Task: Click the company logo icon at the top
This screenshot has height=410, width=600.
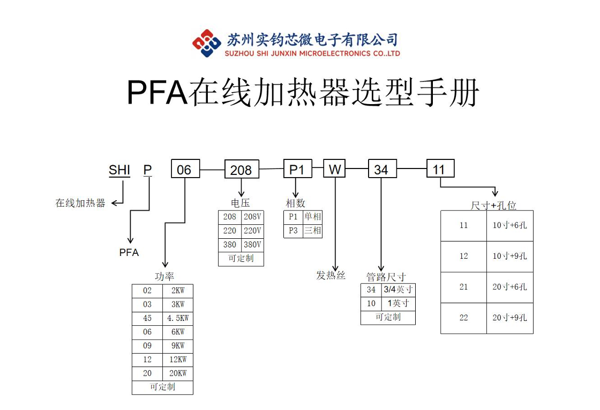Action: tap(207, 43)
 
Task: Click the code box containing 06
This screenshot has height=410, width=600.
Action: tap(185, 170)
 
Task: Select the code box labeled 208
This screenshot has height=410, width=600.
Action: tap(241, 170)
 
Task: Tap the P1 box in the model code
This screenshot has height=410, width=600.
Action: tap(297, 170)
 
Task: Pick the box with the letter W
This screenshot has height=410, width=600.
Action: tap(335, 170)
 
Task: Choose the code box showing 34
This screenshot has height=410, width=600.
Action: tap(381, 170)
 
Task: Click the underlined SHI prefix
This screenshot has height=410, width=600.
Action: tap(119, 170)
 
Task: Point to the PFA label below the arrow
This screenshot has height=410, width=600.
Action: tap(129, 252)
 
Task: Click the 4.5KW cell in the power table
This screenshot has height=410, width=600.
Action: tap(178, 318)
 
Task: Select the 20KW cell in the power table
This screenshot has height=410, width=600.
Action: tap(178, 374)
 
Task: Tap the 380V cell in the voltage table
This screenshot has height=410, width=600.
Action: tap(252, 245)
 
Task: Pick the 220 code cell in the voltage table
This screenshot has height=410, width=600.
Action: tap(230, 231)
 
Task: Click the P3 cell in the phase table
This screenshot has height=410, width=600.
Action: tap(293, 231)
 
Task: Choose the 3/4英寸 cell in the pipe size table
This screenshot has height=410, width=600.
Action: tap(398, 290)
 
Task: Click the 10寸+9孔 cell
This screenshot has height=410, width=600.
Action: tap(510, 256)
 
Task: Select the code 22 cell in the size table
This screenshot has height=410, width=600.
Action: tap(464, 318)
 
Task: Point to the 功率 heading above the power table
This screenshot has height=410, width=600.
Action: tap(164, 276)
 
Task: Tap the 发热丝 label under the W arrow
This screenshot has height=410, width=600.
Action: tap(331, 275)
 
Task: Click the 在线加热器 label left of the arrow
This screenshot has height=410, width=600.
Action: tap(80, 203)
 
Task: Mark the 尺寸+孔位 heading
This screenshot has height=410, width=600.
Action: tap(493, 206)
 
